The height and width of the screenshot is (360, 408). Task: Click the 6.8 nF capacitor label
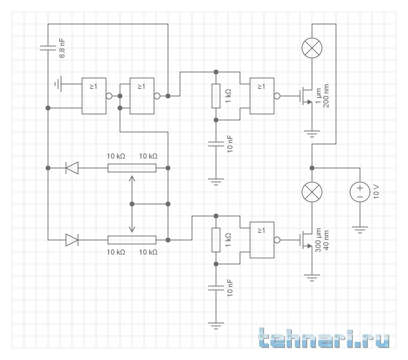[63, 48]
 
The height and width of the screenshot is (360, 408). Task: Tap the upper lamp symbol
[312, 48]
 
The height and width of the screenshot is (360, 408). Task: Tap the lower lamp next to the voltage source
[312, 192]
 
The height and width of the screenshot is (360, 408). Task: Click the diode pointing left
[72, 168]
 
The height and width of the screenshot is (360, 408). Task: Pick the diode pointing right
[72, 240]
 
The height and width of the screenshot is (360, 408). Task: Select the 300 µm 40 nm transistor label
[322, 240]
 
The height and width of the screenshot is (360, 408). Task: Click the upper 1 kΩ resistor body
[216, 96]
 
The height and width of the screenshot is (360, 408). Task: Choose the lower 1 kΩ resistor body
[216, 240]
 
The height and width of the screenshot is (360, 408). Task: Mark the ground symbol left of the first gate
[57, 84]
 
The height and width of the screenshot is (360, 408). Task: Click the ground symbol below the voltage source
[360, 229]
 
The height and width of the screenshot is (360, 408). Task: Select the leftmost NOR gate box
[94, 96]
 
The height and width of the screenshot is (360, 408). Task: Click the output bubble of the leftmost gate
[109, 96]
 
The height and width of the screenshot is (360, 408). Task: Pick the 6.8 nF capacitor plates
[48, 48]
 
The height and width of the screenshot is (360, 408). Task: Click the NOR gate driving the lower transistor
[262, 240]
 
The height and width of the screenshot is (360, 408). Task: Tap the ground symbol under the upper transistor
[312, 133]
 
